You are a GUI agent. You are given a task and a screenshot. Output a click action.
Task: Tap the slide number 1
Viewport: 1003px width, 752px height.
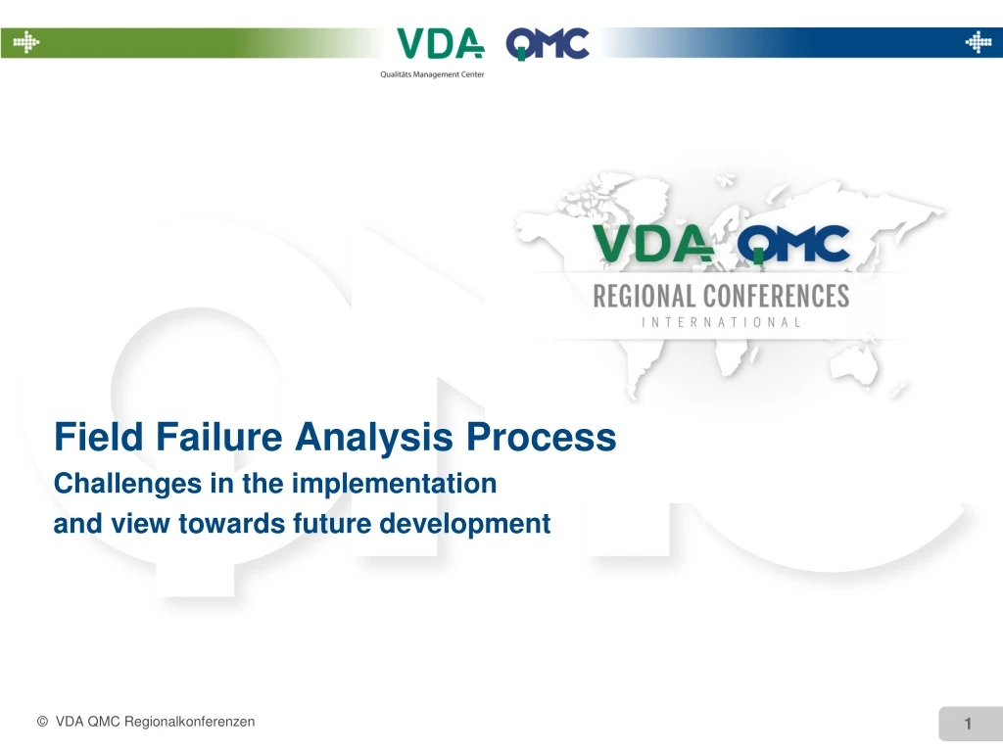pos(968,724)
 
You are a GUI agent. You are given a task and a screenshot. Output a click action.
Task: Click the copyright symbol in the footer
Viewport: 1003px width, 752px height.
pos(42,722)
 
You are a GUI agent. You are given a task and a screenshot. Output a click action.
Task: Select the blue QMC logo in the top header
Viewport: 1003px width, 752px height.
pos(548,44)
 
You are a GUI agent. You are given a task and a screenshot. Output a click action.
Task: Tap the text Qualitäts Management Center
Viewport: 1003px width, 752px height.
pos(432,74)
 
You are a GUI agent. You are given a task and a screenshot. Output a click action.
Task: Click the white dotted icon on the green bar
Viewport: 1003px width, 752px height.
pos(25,42)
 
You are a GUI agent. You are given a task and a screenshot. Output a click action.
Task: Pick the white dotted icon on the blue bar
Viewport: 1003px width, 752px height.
pos(978,42)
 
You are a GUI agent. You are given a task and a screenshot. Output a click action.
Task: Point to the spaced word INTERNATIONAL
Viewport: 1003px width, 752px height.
pos(721,321)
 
